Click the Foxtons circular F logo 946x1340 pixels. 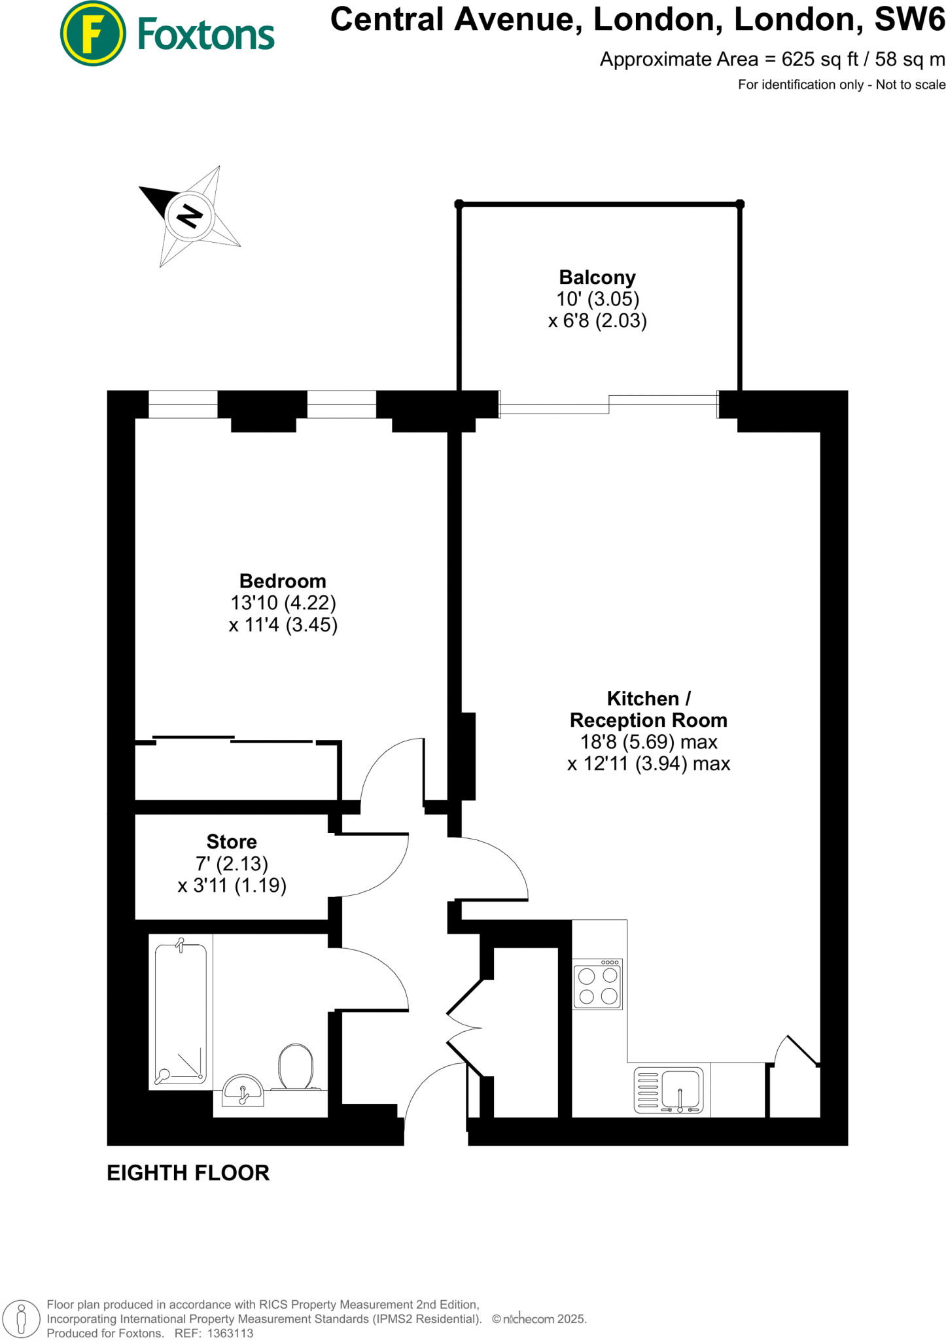click(92, 33)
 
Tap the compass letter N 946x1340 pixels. click(190, 215)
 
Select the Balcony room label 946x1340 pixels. click(597, 277)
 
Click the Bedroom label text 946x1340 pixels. click(283, 581)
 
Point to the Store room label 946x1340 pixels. click(232, 841)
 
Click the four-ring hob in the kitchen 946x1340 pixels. click(598, 985)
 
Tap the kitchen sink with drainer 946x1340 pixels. click(669, 1091)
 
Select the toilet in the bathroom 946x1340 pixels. click(296, 1067)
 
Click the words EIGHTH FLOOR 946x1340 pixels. click(188, 1173)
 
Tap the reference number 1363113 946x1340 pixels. click(230, 1333)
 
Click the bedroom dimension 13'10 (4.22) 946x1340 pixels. click(283, 603)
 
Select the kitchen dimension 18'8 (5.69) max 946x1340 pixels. click(648, 742)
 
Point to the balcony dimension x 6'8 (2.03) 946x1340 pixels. click(597, 321)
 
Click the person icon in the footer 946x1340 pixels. click(22, 1319)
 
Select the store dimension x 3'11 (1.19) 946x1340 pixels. click(232, 885)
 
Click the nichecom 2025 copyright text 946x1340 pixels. click(540, 1319)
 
